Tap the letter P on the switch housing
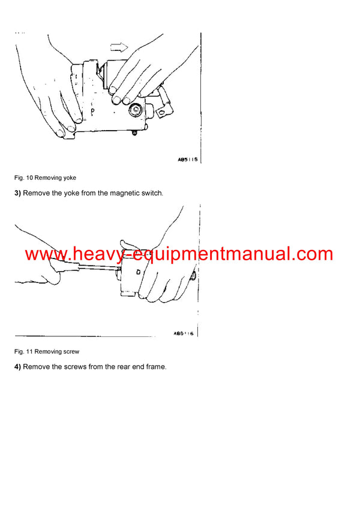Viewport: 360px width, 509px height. click(x=92, y=112)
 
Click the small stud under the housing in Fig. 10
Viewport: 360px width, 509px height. click(x=134, y=132)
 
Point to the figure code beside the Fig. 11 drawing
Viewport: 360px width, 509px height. click(x=183, y=334)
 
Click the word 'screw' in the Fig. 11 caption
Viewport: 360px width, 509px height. click(x=70, y=351)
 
